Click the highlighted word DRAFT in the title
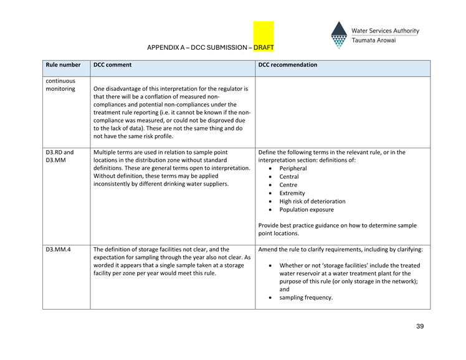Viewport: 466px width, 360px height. point(264,47)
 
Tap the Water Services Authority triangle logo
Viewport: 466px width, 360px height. point(338,36)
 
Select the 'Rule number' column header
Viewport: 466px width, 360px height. point(63,65)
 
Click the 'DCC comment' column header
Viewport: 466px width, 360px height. point(112,65)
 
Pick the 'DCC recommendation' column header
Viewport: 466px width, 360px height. point(288,65)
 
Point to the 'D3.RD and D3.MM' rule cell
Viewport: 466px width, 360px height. point(60,156)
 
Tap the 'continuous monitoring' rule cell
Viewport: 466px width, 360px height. point(60,85)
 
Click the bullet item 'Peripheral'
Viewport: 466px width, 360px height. point(293,169)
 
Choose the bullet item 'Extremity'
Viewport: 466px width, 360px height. point(292,193)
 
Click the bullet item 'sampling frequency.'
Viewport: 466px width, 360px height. point(306,297)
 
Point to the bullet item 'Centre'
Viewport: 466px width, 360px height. point(288,185)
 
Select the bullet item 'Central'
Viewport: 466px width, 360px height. point(290,177)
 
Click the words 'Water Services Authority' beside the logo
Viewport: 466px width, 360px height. point(385,31)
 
